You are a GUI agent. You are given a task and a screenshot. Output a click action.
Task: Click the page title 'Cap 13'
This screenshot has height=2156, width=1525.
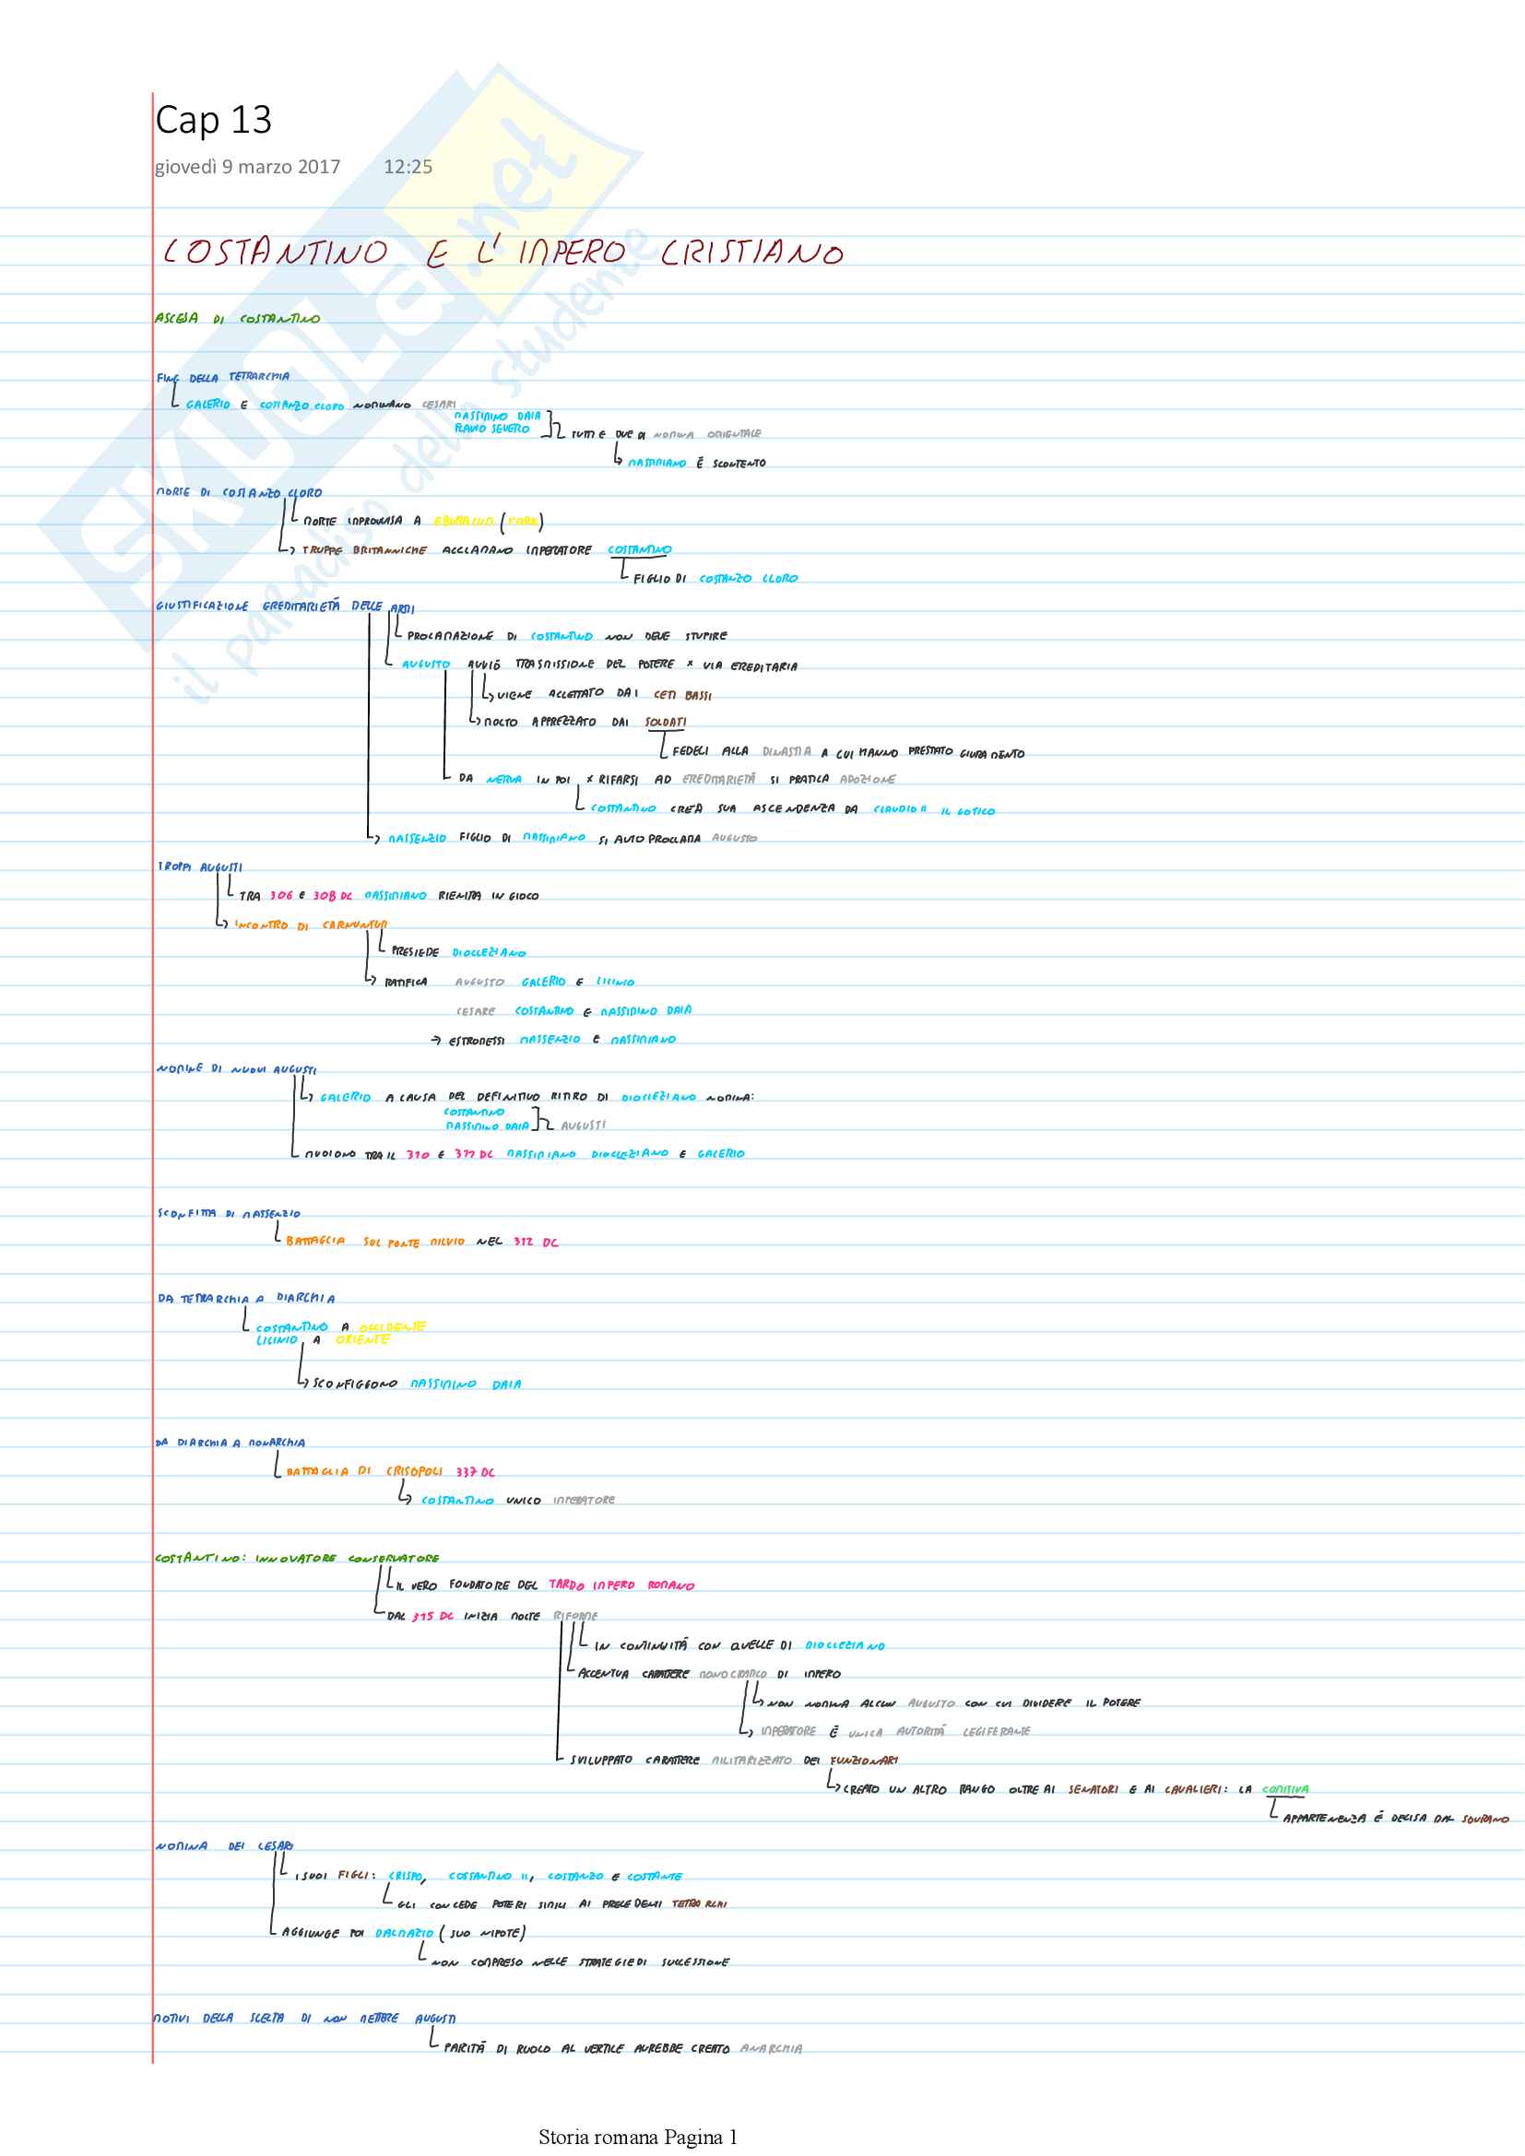tap(213, 120)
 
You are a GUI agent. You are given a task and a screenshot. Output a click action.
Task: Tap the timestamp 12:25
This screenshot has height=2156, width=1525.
tap(408, 167)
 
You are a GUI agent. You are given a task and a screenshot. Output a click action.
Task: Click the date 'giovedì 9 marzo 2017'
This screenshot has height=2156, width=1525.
tap(247, 167)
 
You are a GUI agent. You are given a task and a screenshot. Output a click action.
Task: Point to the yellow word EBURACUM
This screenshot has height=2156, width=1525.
tap(463, 521)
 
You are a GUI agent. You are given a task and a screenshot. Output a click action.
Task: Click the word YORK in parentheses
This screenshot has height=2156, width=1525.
tap(523, 521)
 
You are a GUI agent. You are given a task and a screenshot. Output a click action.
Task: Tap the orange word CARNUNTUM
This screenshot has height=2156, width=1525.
tap(354, 925)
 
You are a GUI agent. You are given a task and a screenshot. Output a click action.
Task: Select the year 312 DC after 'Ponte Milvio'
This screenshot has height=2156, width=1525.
tap(536, 1242)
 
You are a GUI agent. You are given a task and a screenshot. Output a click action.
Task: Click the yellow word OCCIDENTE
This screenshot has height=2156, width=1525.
tap(393, 1325)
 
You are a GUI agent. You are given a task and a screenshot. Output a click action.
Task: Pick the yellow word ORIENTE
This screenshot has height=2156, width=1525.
tap(362, 1340)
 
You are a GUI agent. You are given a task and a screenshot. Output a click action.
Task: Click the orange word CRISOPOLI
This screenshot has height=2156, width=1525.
tap(414, 1471)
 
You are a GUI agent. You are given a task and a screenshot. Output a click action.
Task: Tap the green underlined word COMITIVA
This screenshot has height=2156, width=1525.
tap(1284, 1789)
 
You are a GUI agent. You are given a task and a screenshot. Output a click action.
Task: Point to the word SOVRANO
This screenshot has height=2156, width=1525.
tap(1484, 1819)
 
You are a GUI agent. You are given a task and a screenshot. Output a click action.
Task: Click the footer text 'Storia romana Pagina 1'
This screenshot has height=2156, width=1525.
tap(638, 2138)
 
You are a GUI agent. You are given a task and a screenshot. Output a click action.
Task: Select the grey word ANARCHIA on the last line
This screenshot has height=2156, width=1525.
tap(771, 2048)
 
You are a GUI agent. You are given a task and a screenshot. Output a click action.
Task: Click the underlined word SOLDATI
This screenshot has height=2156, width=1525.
tap(665, 722)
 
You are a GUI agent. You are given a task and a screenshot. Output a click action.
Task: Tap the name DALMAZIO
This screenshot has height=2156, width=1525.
tap(404, 1933)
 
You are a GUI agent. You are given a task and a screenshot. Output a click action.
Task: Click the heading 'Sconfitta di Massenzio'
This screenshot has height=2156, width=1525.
tap(228, 1213)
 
